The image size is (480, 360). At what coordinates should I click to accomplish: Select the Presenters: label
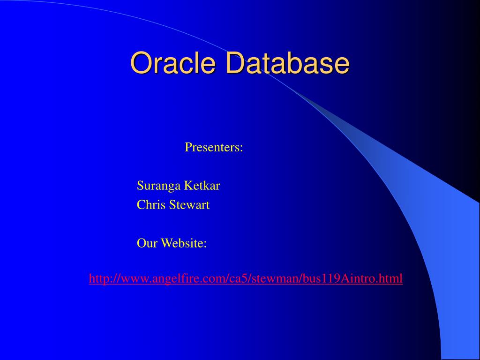[214, 147]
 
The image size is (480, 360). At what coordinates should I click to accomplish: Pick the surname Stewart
[189, 205]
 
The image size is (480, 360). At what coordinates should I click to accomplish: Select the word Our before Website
[147, 243]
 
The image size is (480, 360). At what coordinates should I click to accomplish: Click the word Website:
[184, 243]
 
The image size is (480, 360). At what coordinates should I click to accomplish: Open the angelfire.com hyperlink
[246, 278]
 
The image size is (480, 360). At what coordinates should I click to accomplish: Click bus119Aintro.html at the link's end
[352, 278]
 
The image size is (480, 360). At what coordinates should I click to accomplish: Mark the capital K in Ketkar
[189, 186]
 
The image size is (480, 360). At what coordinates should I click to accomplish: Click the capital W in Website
[167, 243]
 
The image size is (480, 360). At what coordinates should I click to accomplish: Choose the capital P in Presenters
[188, 147]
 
